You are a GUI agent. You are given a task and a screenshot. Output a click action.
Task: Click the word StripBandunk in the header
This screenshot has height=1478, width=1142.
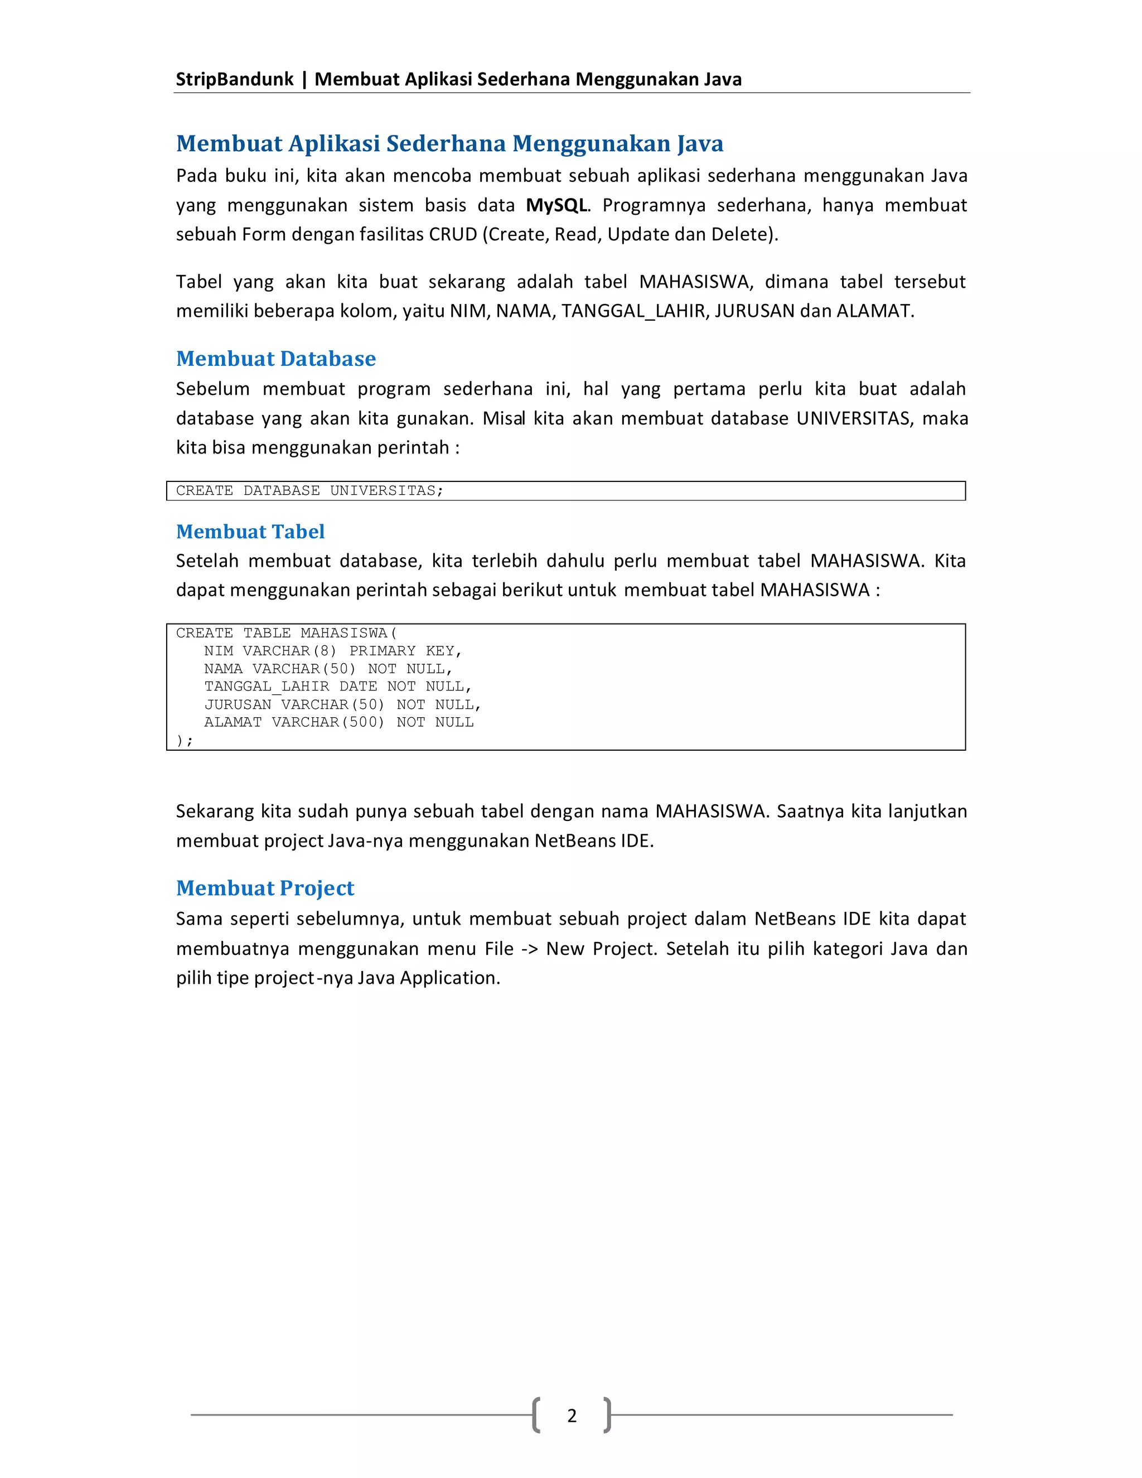[x=234, y=79]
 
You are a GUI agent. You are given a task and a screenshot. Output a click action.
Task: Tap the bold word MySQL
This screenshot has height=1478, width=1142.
[x=556, y=205]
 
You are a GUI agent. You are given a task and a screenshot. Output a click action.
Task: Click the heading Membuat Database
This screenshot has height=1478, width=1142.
[x=275, y=359]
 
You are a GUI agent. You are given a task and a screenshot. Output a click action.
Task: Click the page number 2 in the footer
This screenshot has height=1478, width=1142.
[x=572, y=1415]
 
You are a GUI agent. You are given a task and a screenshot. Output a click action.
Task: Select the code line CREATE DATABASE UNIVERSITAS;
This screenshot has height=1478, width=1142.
[x=309, y=491]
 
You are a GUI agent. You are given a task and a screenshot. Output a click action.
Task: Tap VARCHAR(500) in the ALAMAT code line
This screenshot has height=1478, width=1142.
[x=328, y=722]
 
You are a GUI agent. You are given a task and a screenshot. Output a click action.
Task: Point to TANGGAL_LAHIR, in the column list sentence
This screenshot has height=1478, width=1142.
[x=635, y=311]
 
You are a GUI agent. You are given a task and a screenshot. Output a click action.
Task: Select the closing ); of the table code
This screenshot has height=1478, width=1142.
[x=184, y=740]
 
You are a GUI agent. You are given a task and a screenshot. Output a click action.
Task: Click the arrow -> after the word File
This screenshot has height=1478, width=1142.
[x=530, y=949]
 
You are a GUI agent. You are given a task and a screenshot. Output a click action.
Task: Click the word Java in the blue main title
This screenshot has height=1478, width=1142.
[x=700, y=143]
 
